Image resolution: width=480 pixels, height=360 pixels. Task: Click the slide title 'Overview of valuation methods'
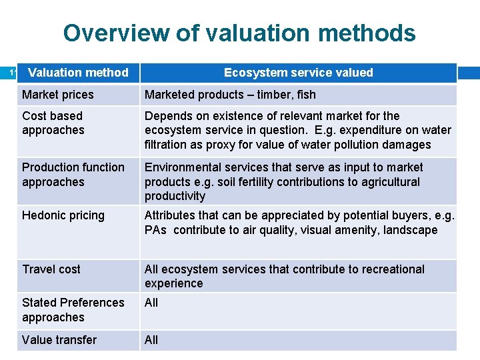pos(239,33)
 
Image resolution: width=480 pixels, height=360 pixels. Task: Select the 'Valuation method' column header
pos(78,73)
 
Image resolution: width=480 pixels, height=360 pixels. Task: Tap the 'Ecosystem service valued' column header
pos(298,73)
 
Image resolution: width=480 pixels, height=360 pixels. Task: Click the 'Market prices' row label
pos(58,95)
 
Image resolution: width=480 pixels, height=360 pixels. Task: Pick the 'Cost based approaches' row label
pos(53,123)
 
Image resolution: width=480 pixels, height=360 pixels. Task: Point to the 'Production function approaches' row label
pos(73,174)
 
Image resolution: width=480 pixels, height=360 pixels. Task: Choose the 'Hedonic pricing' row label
pos(63,215)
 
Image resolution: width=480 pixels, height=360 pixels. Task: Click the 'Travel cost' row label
pos(51,269)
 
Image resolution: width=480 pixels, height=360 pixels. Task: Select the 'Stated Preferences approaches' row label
pos(73,309)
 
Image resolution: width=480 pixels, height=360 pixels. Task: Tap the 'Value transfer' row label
pos(59,340)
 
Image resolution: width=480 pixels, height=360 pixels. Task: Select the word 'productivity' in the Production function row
pos(175,196)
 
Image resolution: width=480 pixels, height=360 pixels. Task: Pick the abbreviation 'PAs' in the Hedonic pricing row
pos(155,230)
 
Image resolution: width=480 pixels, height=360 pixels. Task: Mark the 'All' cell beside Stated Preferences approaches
pos(151,303)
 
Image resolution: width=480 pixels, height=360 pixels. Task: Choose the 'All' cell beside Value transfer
pos(151,340)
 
